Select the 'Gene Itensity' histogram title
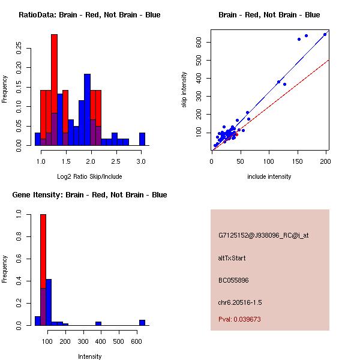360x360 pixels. pyautogui.click(x=89, y=195)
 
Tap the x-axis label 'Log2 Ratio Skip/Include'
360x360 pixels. pyautogui.click(x=90, y=176)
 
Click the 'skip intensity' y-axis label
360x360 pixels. pyautogui.click(x=184, y=90)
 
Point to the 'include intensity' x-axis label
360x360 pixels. pyautogui.click(x=269, y=176)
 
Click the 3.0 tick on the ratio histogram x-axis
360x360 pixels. pyautogui.click(x=141, y=162)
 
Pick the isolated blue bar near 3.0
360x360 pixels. pyautogui.click(x=142, y=139)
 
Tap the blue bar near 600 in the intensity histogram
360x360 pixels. pyautogui.click(x=142, y=323)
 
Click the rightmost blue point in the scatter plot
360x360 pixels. pyautogui.click(x=325, y=34)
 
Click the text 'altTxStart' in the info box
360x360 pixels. pyautogui.click(x=232, y=259)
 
